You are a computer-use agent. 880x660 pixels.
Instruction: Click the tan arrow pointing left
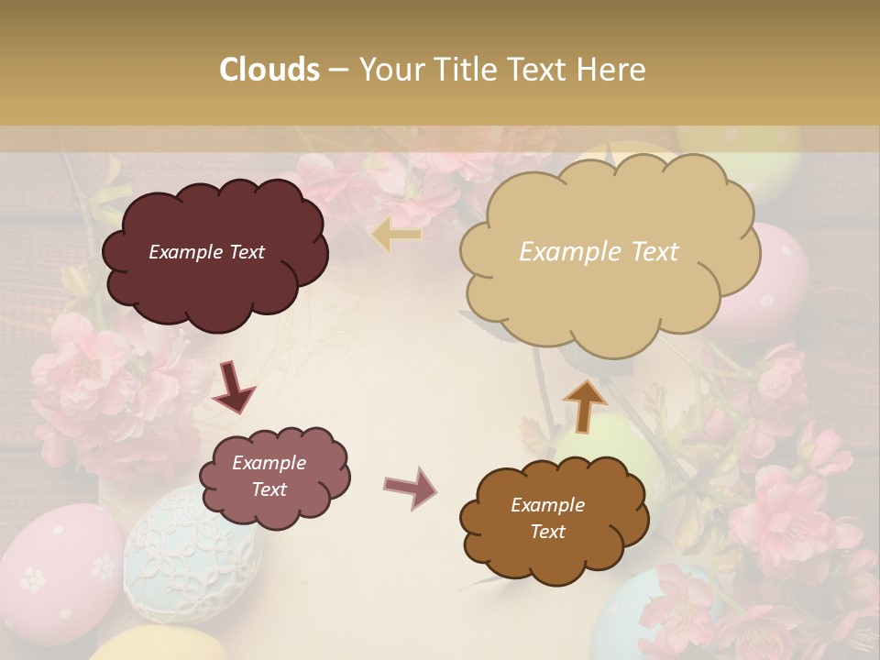397,236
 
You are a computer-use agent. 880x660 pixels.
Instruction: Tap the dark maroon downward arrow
233,388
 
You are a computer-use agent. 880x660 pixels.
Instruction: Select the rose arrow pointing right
411,487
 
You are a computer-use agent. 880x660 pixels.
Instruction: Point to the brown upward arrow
584,405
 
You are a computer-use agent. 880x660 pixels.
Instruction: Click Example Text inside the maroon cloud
206,252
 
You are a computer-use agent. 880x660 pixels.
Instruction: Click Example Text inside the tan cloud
599,252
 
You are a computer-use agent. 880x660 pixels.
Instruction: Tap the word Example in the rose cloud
269,463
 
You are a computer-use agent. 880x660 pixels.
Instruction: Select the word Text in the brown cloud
548,532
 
